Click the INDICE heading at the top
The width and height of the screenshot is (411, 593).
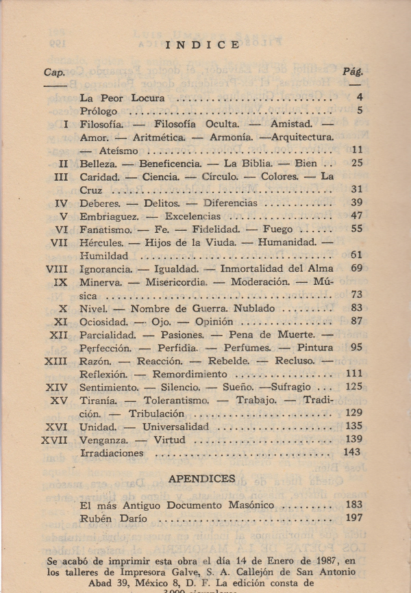point(203,45)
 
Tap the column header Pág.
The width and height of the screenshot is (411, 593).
point(353,71)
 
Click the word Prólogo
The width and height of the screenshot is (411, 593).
point(99,111)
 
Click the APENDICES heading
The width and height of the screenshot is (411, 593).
point(202,479)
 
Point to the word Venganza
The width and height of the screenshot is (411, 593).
point(105,439)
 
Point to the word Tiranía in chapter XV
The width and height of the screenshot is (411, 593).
point(99,400)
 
